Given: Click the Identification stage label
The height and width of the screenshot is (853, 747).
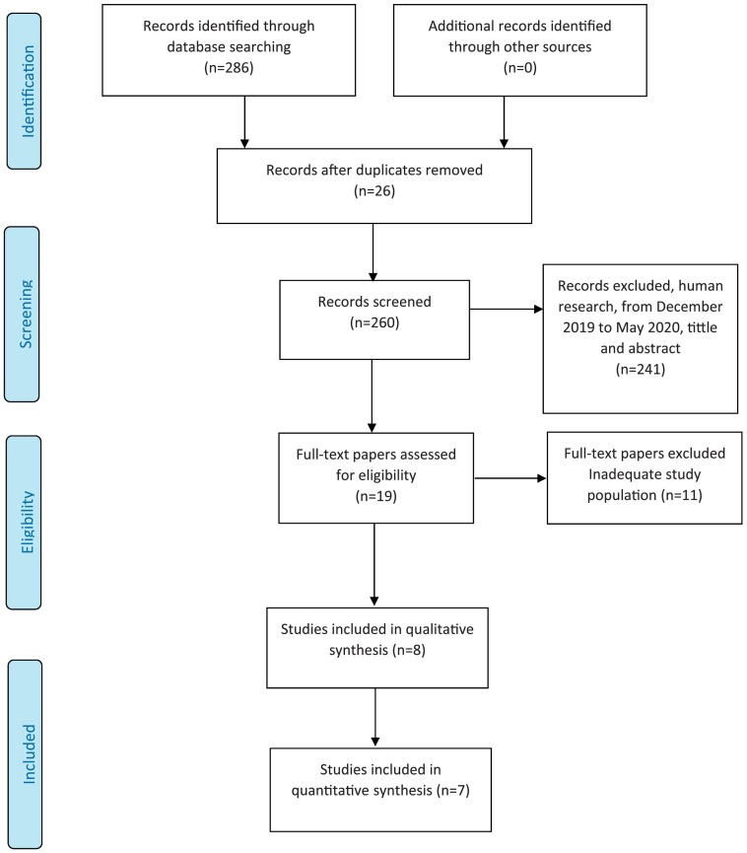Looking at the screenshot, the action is pos(28,92).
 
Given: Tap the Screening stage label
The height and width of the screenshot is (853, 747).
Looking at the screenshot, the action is pos(26,314).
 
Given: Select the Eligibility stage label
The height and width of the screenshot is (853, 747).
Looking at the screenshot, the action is pos(28,523).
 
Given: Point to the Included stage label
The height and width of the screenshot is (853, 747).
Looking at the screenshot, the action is pos(29,754).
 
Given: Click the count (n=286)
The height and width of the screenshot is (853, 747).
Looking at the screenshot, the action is pos(229,67).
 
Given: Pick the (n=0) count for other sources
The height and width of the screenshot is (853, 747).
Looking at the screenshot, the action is pos(519,67).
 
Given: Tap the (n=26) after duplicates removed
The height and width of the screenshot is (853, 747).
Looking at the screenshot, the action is pos(374,191).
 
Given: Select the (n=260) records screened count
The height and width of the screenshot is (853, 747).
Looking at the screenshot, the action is pos(374,322).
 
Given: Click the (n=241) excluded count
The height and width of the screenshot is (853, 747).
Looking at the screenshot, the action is pos(641,370).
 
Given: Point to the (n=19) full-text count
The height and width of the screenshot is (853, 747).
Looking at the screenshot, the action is pos(375,496).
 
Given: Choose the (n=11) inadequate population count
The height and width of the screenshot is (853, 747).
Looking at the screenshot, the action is pos(682,495).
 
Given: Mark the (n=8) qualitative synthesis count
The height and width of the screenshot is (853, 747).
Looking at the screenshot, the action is pos(407,650).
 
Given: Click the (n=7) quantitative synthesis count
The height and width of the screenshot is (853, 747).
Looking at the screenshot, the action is pos(452,791).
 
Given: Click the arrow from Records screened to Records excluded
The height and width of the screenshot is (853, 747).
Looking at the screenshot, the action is pos(507,309).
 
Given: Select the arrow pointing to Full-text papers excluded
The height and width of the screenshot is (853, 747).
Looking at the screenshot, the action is pos(510,478).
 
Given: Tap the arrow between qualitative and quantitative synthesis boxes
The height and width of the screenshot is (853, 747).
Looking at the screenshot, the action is pos(375,718).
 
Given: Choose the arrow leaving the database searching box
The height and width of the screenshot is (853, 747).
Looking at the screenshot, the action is pos(244,122).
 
